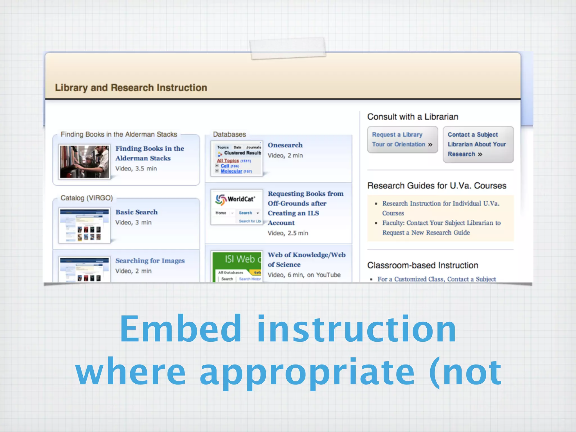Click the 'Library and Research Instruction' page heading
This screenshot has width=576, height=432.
131,88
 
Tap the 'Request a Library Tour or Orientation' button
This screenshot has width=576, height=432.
402,139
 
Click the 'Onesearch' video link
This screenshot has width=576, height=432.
285,145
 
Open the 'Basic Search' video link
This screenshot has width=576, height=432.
136,212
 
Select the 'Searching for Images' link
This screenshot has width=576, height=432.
150,261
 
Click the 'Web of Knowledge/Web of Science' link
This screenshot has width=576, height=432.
306,259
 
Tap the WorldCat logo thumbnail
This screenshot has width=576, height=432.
237,207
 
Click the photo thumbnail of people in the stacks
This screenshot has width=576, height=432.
84,162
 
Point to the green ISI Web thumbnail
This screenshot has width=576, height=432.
237,266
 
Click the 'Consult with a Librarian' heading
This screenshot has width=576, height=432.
413,117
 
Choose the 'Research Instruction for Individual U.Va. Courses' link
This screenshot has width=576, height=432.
440,208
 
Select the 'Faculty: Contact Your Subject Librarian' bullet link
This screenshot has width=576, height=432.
441,228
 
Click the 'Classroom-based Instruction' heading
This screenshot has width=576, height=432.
422,265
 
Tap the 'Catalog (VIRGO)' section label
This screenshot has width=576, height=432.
87,198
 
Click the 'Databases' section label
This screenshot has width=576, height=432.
229,134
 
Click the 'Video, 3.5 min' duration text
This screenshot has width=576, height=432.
136,168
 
